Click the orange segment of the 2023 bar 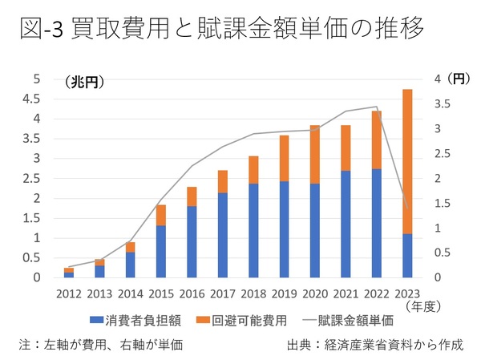(407, 160)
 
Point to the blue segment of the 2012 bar (69, 275)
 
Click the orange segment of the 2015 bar (161, 215)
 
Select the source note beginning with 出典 (374, 345)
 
